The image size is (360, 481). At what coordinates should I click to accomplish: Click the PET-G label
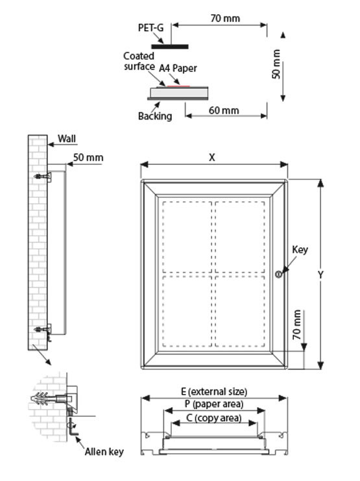[x=150, y=28]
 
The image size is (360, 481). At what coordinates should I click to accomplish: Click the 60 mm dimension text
[x=224, y=110]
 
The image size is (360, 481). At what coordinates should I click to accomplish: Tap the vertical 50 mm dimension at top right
[x=276, y=64]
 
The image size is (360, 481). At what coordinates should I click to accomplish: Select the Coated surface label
[x=139, y=61]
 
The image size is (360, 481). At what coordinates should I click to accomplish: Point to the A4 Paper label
[x=178, y=68]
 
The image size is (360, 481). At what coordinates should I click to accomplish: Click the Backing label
[x=155, y=116]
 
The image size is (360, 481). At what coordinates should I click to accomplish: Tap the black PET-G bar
[x=170, y=47]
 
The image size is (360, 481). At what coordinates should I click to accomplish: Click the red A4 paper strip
[x=178, y=86]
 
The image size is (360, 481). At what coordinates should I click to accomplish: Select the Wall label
[x=67, y=139]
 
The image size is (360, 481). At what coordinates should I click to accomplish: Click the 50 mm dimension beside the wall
[x=88, y=158]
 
